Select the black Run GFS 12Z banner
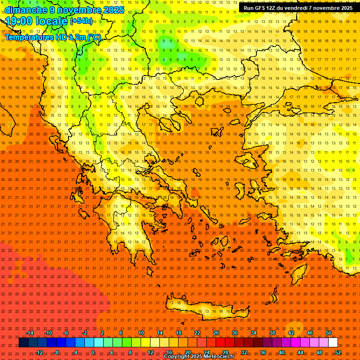click(x=298, y=8)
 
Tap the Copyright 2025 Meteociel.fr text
click(x=199, y=357)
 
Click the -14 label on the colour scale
click(x=30, y=333)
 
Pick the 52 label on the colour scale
click(x=338, y=352)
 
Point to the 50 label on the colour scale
click(x=328, y=333)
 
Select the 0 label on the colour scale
click(x=93, y=352)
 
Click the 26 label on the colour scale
click(x=216, y=333)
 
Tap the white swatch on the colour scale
click(x=333, y=343)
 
